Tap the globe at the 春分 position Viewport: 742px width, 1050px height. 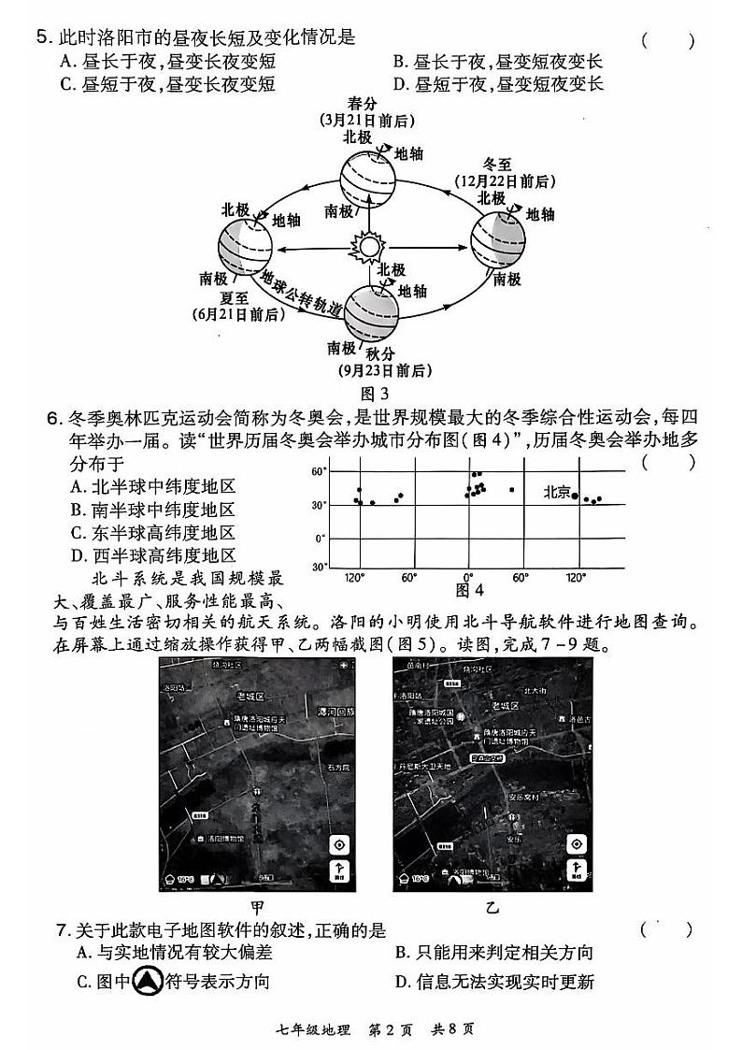click(x=366, y=180)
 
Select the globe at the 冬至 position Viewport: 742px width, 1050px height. click(x=496, y=240)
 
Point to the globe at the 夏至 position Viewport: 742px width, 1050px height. click(x=246, y=248)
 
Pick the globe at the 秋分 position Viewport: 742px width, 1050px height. click(x=374, y=311)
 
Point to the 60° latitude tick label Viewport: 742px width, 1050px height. click(x=319, y=472)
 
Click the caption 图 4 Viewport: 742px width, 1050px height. click(x=468, y=591)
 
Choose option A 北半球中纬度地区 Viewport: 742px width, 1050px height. click(x=152, y=487)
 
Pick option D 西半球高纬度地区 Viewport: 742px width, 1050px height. click(x=152, y=555)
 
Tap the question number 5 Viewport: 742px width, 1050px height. click(x=41, y=38)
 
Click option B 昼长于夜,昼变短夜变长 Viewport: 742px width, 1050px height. click(x=497, y=62)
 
